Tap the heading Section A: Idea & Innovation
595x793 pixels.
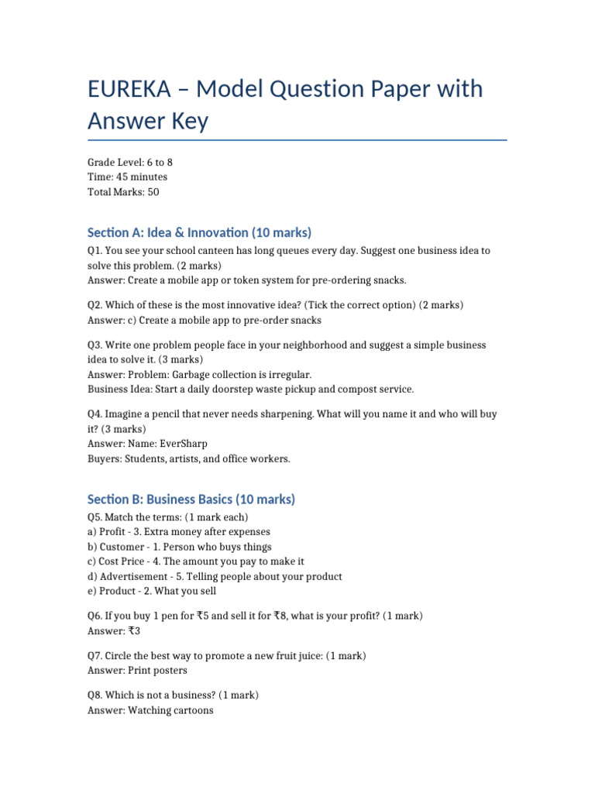(199, 232)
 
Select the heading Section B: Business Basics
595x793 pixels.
(191, 499)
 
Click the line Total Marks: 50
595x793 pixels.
(123, 192)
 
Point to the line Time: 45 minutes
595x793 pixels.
(127, 177)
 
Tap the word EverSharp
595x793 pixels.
(183, 444)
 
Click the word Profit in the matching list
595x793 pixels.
(114, 532)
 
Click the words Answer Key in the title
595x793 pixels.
(148, 121)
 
